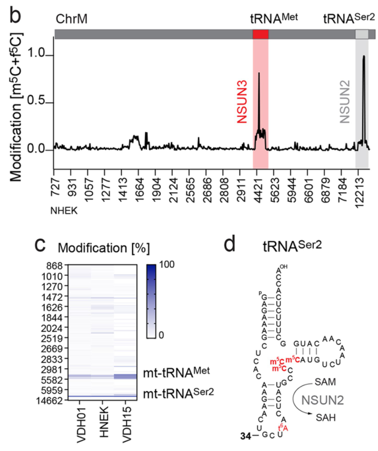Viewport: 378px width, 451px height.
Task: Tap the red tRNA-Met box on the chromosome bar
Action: coord(260,35)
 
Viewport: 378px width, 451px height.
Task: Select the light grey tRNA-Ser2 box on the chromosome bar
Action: coord(362,35)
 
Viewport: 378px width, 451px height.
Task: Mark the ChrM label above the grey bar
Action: coord(71,19)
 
